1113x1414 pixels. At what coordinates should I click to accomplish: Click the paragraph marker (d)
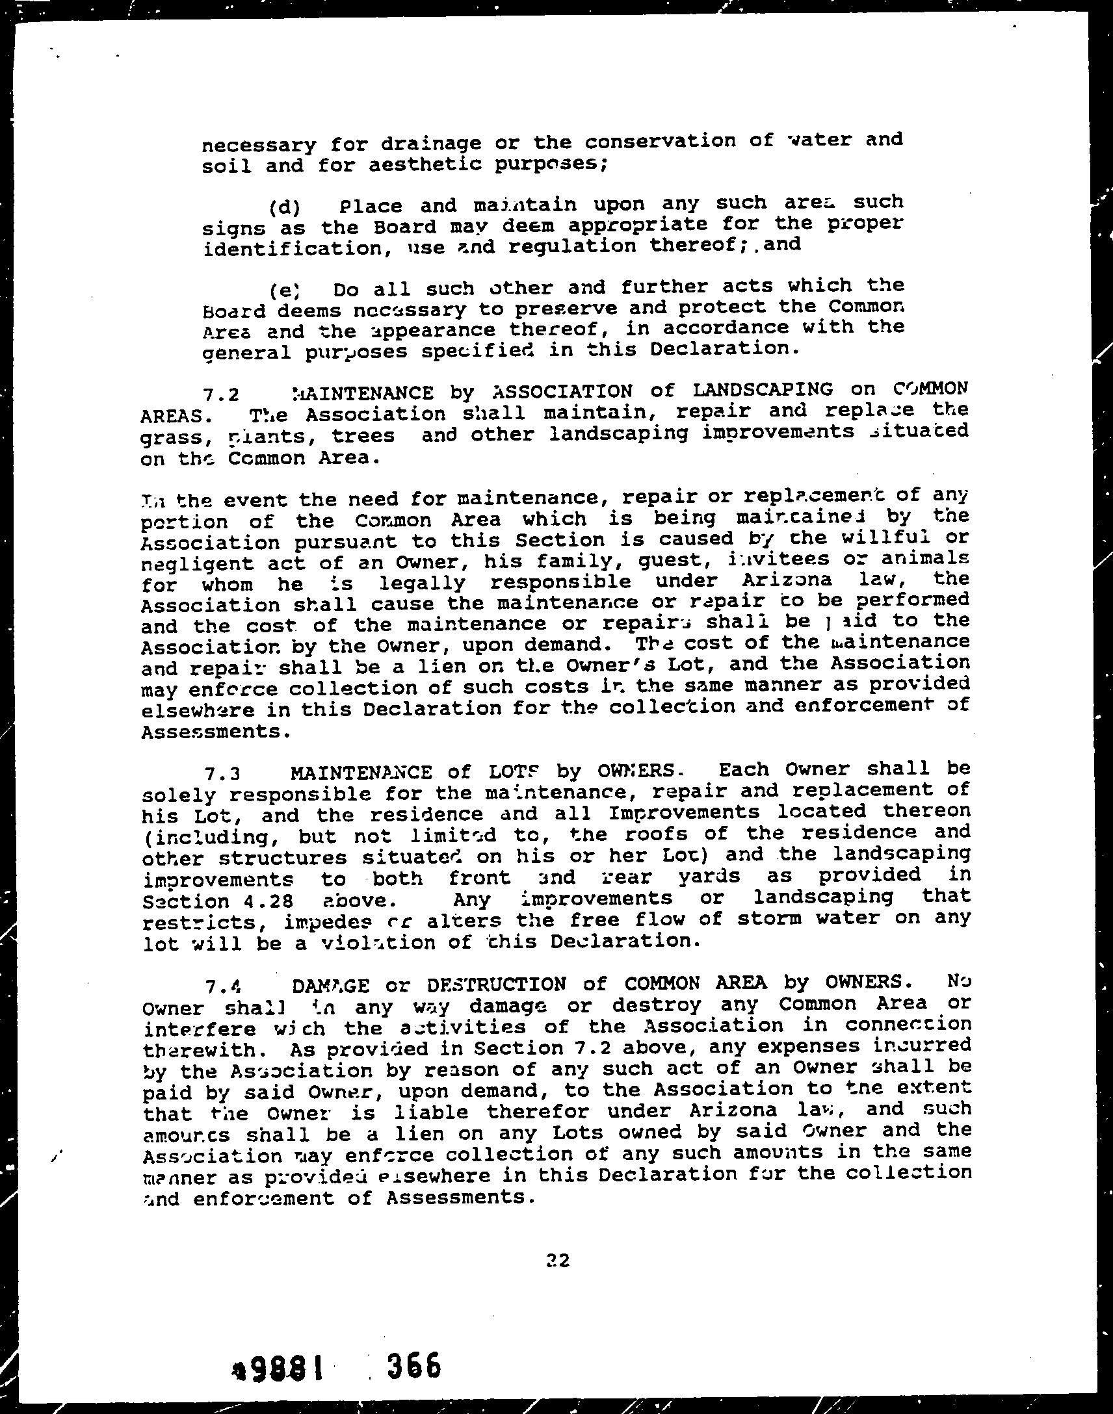click(284, 208)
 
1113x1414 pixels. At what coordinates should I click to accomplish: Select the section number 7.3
click(222, 775)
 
